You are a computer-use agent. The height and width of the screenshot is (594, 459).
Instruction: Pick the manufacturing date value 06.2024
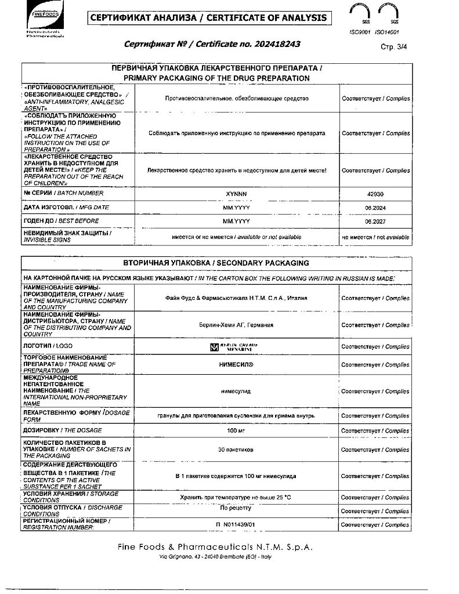(375, 208)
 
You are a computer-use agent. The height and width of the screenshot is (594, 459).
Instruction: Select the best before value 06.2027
(375, 222)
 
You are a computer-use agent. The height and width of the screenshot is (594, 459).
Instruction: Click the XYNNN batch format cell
(236, 194)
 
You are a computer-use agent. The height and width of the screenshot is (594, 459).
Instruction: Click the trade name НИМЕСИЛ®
(236, 364)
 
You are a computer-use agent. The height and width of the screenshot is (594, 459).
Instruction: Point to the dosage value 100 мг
(236, 431)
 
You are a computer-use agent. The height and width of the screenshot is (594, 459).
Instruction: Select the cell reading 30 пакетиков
(236, 450)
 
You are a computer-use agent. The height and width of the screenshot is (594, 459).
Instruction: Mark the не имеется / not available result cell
(375, 237)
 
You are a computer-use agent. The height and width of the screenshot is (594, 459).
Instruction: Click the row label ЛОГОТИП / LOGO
(48, 346)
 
